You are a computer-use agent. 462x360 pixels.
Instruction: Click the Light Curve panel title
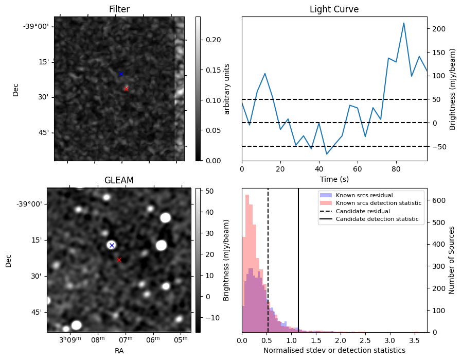click(334, 9)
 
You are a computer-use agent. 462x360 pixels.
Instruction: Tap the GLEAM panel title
click(119, 180)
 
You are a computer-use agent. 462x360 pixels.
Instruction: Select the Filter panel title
click(119, 9)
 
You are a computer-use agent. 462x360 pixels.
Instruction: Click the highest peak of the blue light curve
click(404, 23)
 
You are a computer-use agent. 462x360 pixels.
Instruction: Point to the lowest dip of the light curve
click(327, 154)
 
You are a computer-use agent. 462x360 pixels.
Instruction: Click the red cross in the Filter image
click(126, 89)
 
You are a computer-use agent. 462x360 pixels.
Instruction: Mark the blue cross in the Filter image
click(121, 74)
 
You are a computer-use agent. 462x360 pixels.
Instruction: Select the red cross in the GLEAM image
click(119, 260)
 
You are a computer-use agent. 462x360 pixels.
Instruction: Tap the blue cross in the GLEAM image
click(112, 245)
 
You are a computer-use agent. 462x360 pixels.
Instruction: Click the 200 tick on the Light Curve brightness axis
click(438, 29)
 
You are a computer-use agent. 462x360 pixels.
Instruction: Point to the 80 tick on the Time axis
click(396, 169)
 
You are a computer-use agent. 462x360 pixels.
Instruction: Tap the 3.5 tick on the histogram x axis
click(414, 340)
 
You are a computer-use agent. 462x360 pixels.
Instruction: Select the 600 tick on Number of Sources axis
click(438, 200)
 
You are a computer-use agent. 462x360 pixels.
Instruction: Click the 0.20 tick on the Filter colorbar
click(214, 40)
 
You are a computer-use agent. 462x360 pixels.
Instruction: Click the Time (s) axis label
click(334, 179)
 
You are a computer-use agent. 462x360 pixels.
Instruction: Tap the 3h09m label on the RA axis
click(70, 339)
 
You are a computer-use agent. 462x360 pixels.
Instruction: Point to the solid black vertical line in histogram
click(298, 260)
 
